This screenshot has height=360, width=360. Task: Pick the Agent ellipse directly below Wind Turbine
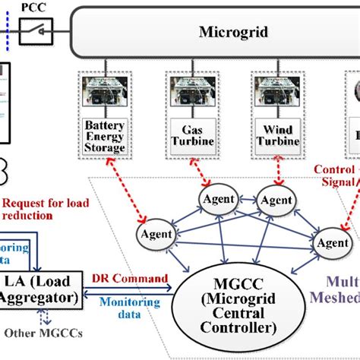(x=276, y=200)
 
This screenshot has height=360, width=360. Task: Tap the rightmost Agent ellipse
(x=333, y=243)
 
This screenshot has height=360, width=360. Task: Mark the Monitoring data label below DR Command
(x=132, y=308)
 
